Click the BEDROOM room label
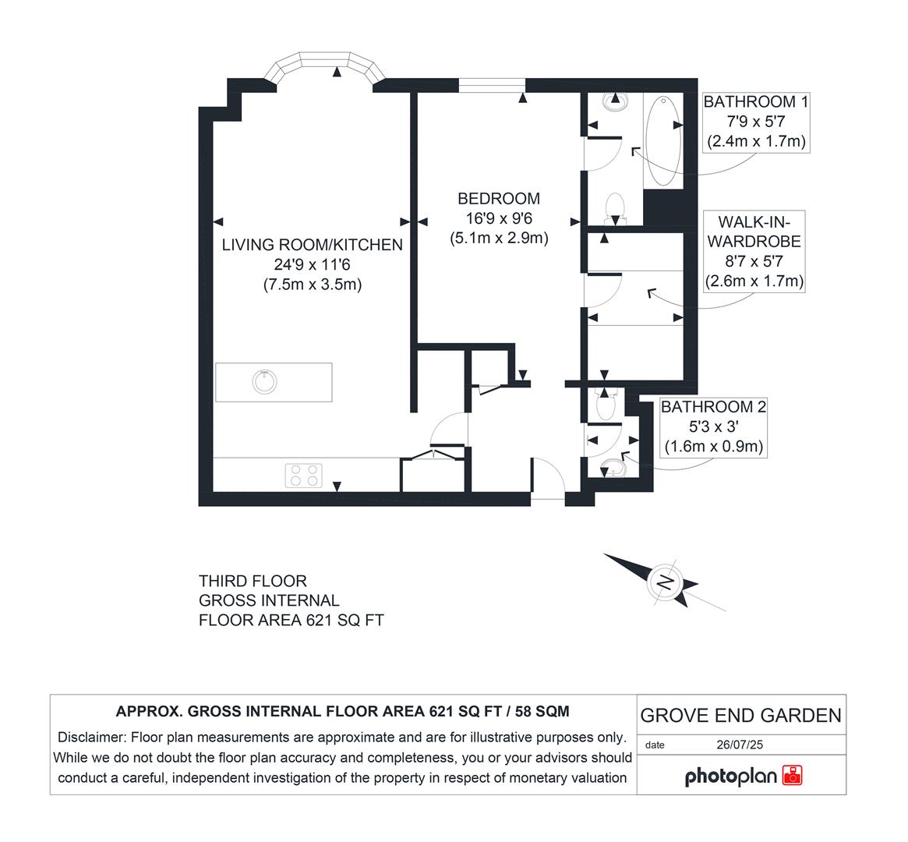pos(499,199)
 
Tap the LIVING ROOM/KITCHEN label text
pos(312,245)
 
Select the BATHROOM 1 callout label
pos(756,102)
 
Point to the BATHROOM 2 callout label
pos(713,407)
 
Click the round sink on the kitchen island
pos(265,381)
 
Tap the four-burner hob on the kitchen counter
pos(304,475)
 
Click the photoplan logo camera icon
pos(792,775)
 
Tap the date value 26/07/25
pos(740,745)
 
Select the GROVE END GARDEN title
pos(740,715)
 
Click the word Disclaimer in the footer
pos(91,738)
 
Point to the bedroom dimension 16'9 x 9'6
pos(499,219)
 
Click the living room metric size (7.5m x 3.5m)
pos(312,285)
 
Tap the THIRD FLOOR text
pos(253,581)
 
